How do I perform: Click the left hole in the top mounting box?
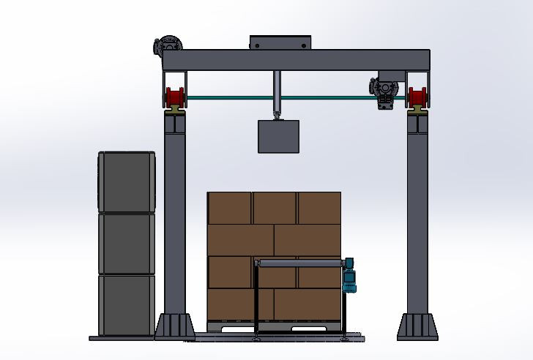click(x=256, y=45)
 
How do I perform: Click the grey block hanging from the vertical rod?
click(x=278, y=137)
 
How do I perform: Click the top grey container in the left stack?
click(x=127, y=182)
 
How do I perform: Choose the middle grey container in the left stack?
click(x=127, y=244)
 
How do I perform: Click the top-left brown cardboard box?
click(x=230, y=208)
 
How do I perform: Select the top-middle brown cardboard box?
click(x=275, y=208)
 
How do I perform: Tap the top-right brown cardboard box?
click(x=318, y=208)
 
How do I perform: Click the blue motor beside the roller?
click(x=350, y=275)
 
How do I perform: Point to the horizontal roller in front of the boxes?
click(x=300, y=263)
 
